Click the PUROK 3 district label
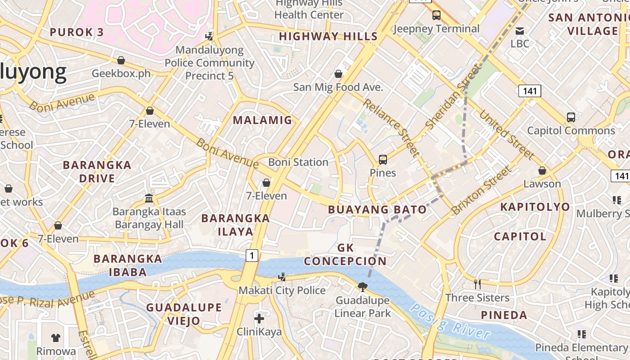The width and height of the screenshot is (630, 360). click(x=76, y=32)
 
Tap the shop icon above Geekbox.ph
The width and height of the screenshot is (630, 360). click(x=121, y=60)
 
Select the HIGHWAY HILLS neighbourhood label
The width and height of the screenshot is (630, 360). click(x=328, y=36)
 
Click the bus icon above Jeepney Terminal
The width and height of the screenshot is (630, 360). click(x=436, y=15)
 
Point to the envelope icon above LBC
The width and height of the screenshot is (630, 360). click(x=520, y=31)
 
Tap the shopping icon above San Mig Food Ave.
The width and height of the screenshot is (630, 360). click(x=338, y=74)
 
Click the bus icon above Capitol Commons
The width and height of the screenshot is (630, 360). click(x=571, y=117)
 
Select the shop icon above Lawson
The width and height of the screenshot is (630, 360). click(x=542, y=171)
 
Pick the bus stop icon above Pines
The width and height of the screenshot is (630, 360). click(x=382, y=160)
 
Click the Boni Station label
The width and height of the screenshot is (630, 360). click(x=298, y=162)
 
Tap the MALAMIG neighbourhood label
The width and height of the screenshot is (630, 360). click(x=262, y=120)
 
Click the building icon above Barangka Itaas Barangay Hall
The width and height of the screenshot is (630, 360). click(x=148, y=198)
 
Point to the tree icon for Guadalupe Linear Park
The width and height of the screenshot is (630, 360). click(x=362, y=287)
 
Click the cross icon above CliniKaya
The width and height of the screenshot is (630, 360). click(x=259, y=319)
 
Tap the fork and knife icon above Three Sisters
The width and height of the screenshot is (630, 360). click(x=477, y=284)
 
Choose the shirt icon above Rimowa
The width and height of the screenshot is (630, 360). click(x=56, y=337)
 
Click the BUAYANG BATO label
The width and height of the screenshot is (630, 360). click(x=377, y=210)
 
